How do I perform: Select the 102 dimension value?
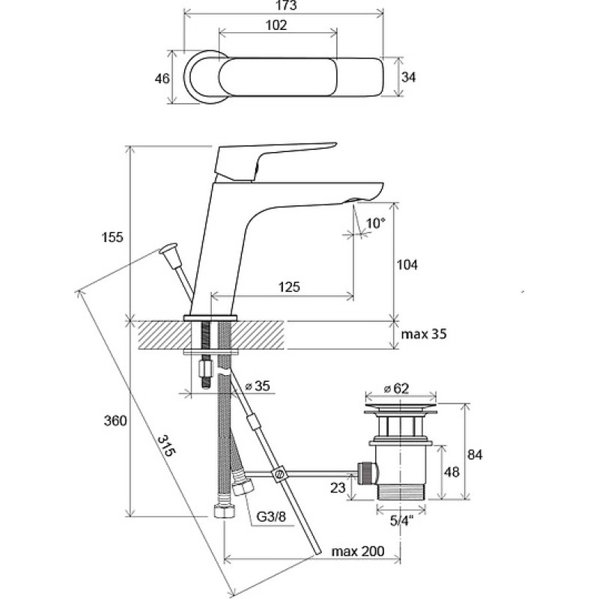pos(276,25)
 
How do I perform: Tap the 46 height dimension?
pos(162,79)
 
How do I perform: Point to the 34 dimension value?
pos(408,77)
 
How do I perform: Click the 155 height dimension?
pos(112,237)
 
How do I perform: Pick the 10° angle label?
pos(376,223)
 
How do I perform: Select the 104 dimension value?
pos(407,264)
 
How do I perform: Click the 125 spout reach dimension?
pos(289,287)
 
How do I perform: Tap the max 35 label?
pos(424,334)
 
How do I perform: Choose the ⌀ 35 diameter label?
pos(257,386)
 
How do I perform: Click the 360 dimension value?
pos(115,421)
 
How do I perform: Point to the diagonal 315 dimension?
pos(166,445)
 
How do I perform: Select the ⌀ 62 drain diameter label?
pos(396,389)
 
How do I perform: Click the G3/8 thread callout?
pos(271,517)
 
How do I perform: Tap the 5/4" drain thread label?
pos(402,520)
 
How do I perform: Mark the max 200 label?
pos(358,551)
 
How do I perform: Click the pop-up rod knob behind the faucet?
pos(169,252)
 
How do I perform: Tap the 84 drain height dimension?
pos(475,454)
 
